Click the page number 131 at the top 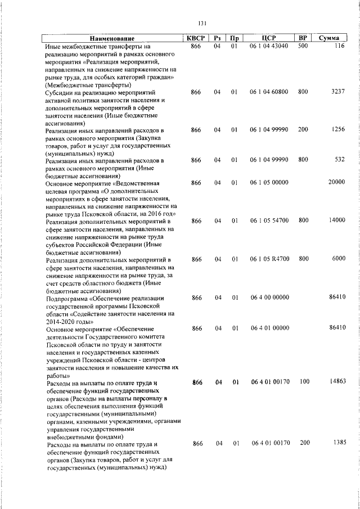[202, 23]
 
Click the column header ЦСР [269, 38]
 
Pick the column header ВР [303, 38]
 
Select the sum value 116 [339, 46]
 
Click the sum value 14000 [336, 220]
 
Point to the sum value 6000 [337, 259]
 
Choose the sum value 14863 [336, 382]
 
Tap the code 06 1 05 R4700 [269, 259]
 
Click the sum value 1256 [337, 129]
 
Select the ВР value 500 [303, 46]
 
